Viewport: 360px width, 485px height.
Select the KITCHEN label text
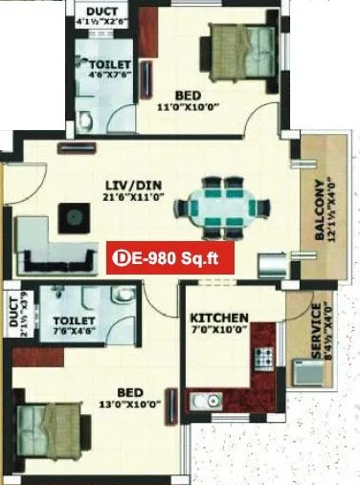pyautogui.click(x=219, y=318)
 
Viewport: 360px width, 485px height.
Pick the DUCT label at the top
pyautogui.click(x=101, y=11)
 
